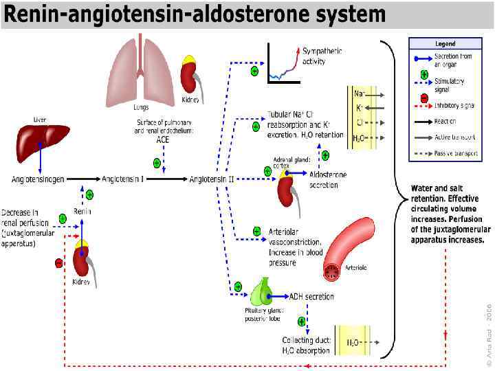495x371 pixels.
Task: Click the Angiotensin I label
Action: (x=123, y=179)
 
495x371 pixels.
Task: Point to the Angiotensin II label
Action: (x=212, y=179)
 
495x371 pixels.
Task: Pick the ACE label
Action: (x=163, y=139)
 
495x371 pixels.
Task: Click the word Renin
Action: (x=82, y=212)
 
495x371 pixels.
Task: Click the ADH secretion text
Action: (x=311, y=297)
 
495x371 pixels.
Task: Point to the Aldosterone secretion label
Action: (x=328, y=179)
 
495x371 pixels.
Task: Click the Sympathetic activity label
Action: (x=322, y=56)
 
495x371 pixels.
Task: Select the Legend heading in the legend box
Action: (x=444, y=44)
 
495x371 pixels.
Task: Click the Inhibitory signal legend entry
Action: (x=454, y=105)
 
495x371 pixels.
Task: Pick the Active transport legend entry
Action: (x=452, y=137)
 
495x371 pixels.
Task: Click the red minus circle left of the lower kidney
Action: (x=59, y=262)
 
